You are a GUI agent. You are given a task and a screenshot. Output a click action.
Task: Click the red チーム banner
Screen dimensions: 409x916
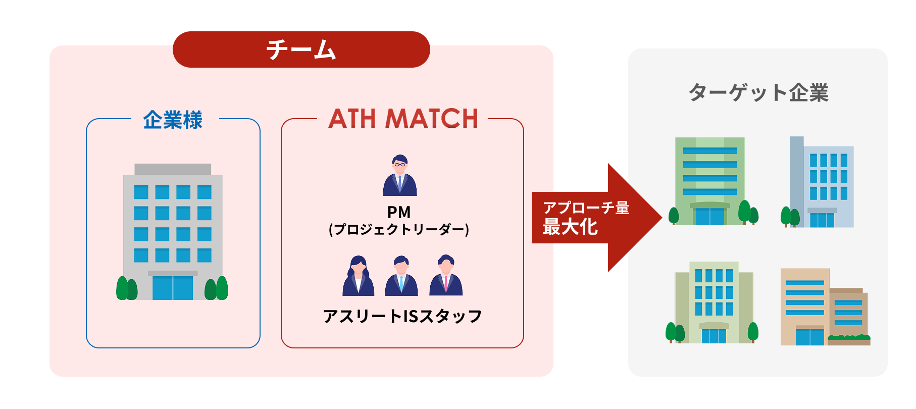click(x=301, y=49)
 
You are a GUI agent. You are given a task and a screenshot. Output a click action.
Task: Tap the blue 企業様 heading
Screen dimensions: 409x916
click(x=173, y=120)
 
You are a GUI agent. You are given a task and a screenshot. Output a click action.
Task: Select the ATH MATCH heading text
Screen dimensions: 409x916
click(x=403, y=119)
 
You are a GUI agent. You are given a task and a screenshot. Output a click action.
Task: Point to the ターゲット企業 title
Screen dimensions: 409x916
click(x=758, y=93)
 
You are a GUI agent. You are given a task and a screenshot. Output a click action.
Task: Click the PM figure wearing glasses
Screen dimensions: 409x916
click(x=399, y=175)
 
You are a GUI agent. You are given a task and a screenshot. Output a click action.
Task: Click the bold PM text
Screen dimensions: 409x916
click(x=399, y=212)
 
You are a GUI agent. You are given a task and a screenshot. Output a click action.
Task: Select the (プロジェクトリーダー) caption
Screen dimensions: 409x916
click(x=399, y=230)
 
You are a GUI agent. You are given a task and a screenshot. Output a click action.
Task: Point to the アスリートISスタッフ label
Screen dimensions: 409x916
click(x=402, y=317)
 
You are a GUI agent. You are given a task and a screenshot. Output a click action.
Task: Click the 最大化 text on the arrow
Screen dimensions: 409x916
click(x=570, y=227)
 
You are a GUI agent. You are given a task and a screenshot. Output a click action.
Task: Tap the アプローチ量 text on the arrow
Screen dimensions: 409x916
click(x=586, y=208)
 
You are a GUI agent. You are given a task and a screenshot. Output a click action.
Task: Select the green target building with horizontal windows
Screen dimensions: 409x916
click(x=710, y=181)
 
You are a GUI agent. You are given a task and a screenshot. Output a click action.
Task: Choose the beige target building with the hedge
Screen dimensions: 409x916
click(x=823, y=308)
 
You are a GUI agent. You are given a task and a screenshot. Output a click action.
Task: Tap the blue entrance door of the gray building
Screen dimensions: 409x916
click(x=173, y=288)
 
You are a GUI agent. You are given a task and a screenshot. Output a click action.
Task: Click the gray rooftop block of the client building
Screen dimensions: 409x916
click(x=173, y=169)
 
